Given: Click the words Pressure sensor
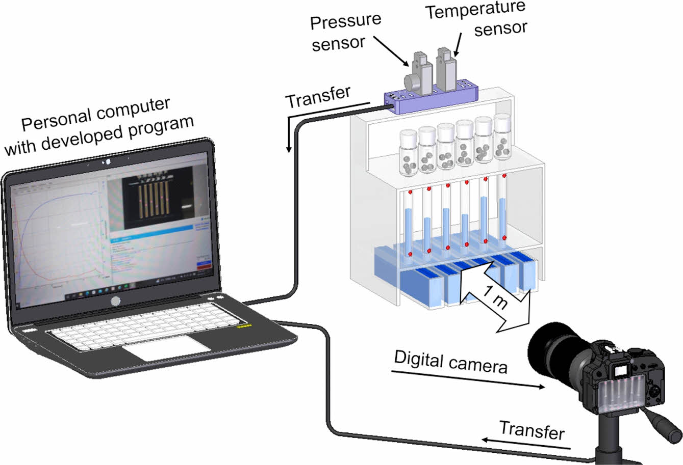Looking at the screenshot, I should (346, 32).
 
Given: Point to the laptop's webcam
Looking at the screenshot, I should (108, 162).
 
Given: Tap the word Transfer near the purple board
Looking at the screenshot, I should (318, 96).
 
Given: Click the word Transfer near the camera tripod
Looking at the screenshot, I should (532, 430).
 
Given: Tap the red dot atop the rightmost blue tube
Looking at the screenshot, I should (504, 176).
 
